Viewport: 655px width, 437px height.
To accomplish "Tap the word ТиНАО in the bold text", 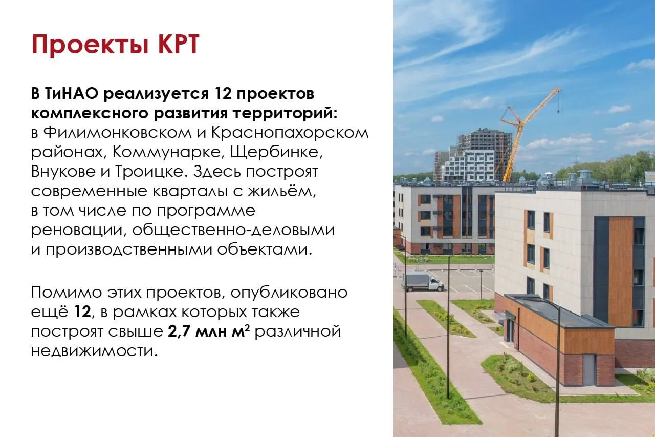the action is click(72, 94).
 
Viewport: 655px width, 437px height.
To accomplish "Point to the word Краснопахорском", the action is click(290, 134).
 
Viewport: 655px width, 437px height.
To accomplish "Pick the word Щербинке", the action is click(277, 153).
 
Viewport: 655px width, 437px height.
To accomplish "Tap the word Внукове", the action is click(63, 172).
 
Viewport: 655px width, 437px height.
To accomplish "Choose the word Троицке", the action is click(151, 172).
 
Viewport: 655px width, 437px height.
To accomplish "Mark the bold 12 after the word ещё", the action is click(82, 312).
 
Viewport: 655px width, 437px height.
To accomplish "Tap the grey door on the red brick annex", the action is click(589, 370).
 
